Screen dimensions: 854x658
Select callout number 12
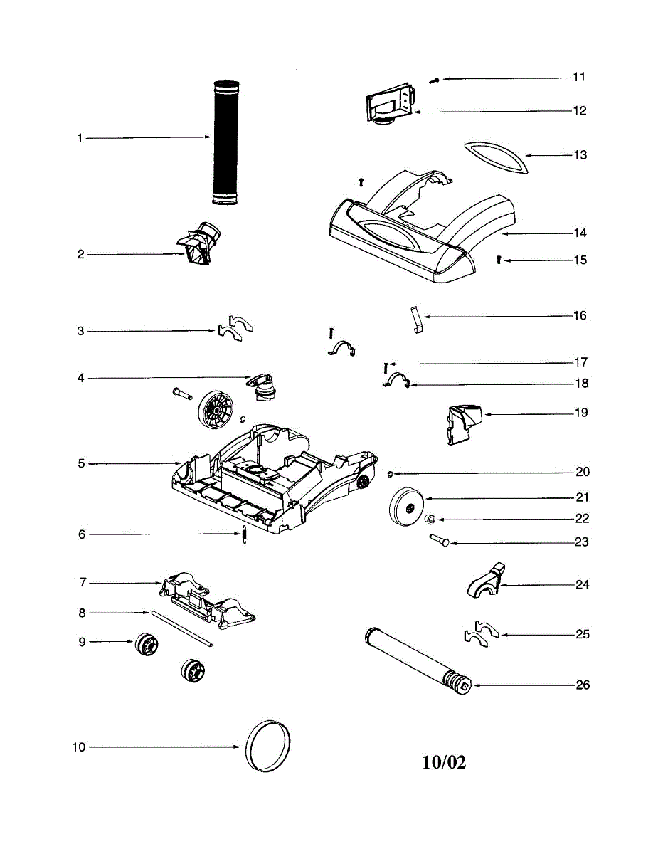pos(580,111)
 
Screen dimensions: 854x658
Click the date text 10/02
pos(444,762)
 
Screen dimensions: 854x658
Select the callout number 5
pos(82,464)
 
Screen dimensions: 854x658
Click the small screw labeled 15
pos(499,261)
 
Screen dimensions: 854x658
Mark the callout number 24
pos(582,585)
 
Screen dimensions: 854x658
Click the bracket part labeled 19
pos(462,423)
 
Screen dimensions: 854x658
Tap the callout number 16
pos(580,315)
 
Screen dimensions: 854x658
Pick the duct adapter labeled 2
pos(201,243)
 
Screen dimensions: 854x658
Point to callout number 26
pos(582,685)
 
